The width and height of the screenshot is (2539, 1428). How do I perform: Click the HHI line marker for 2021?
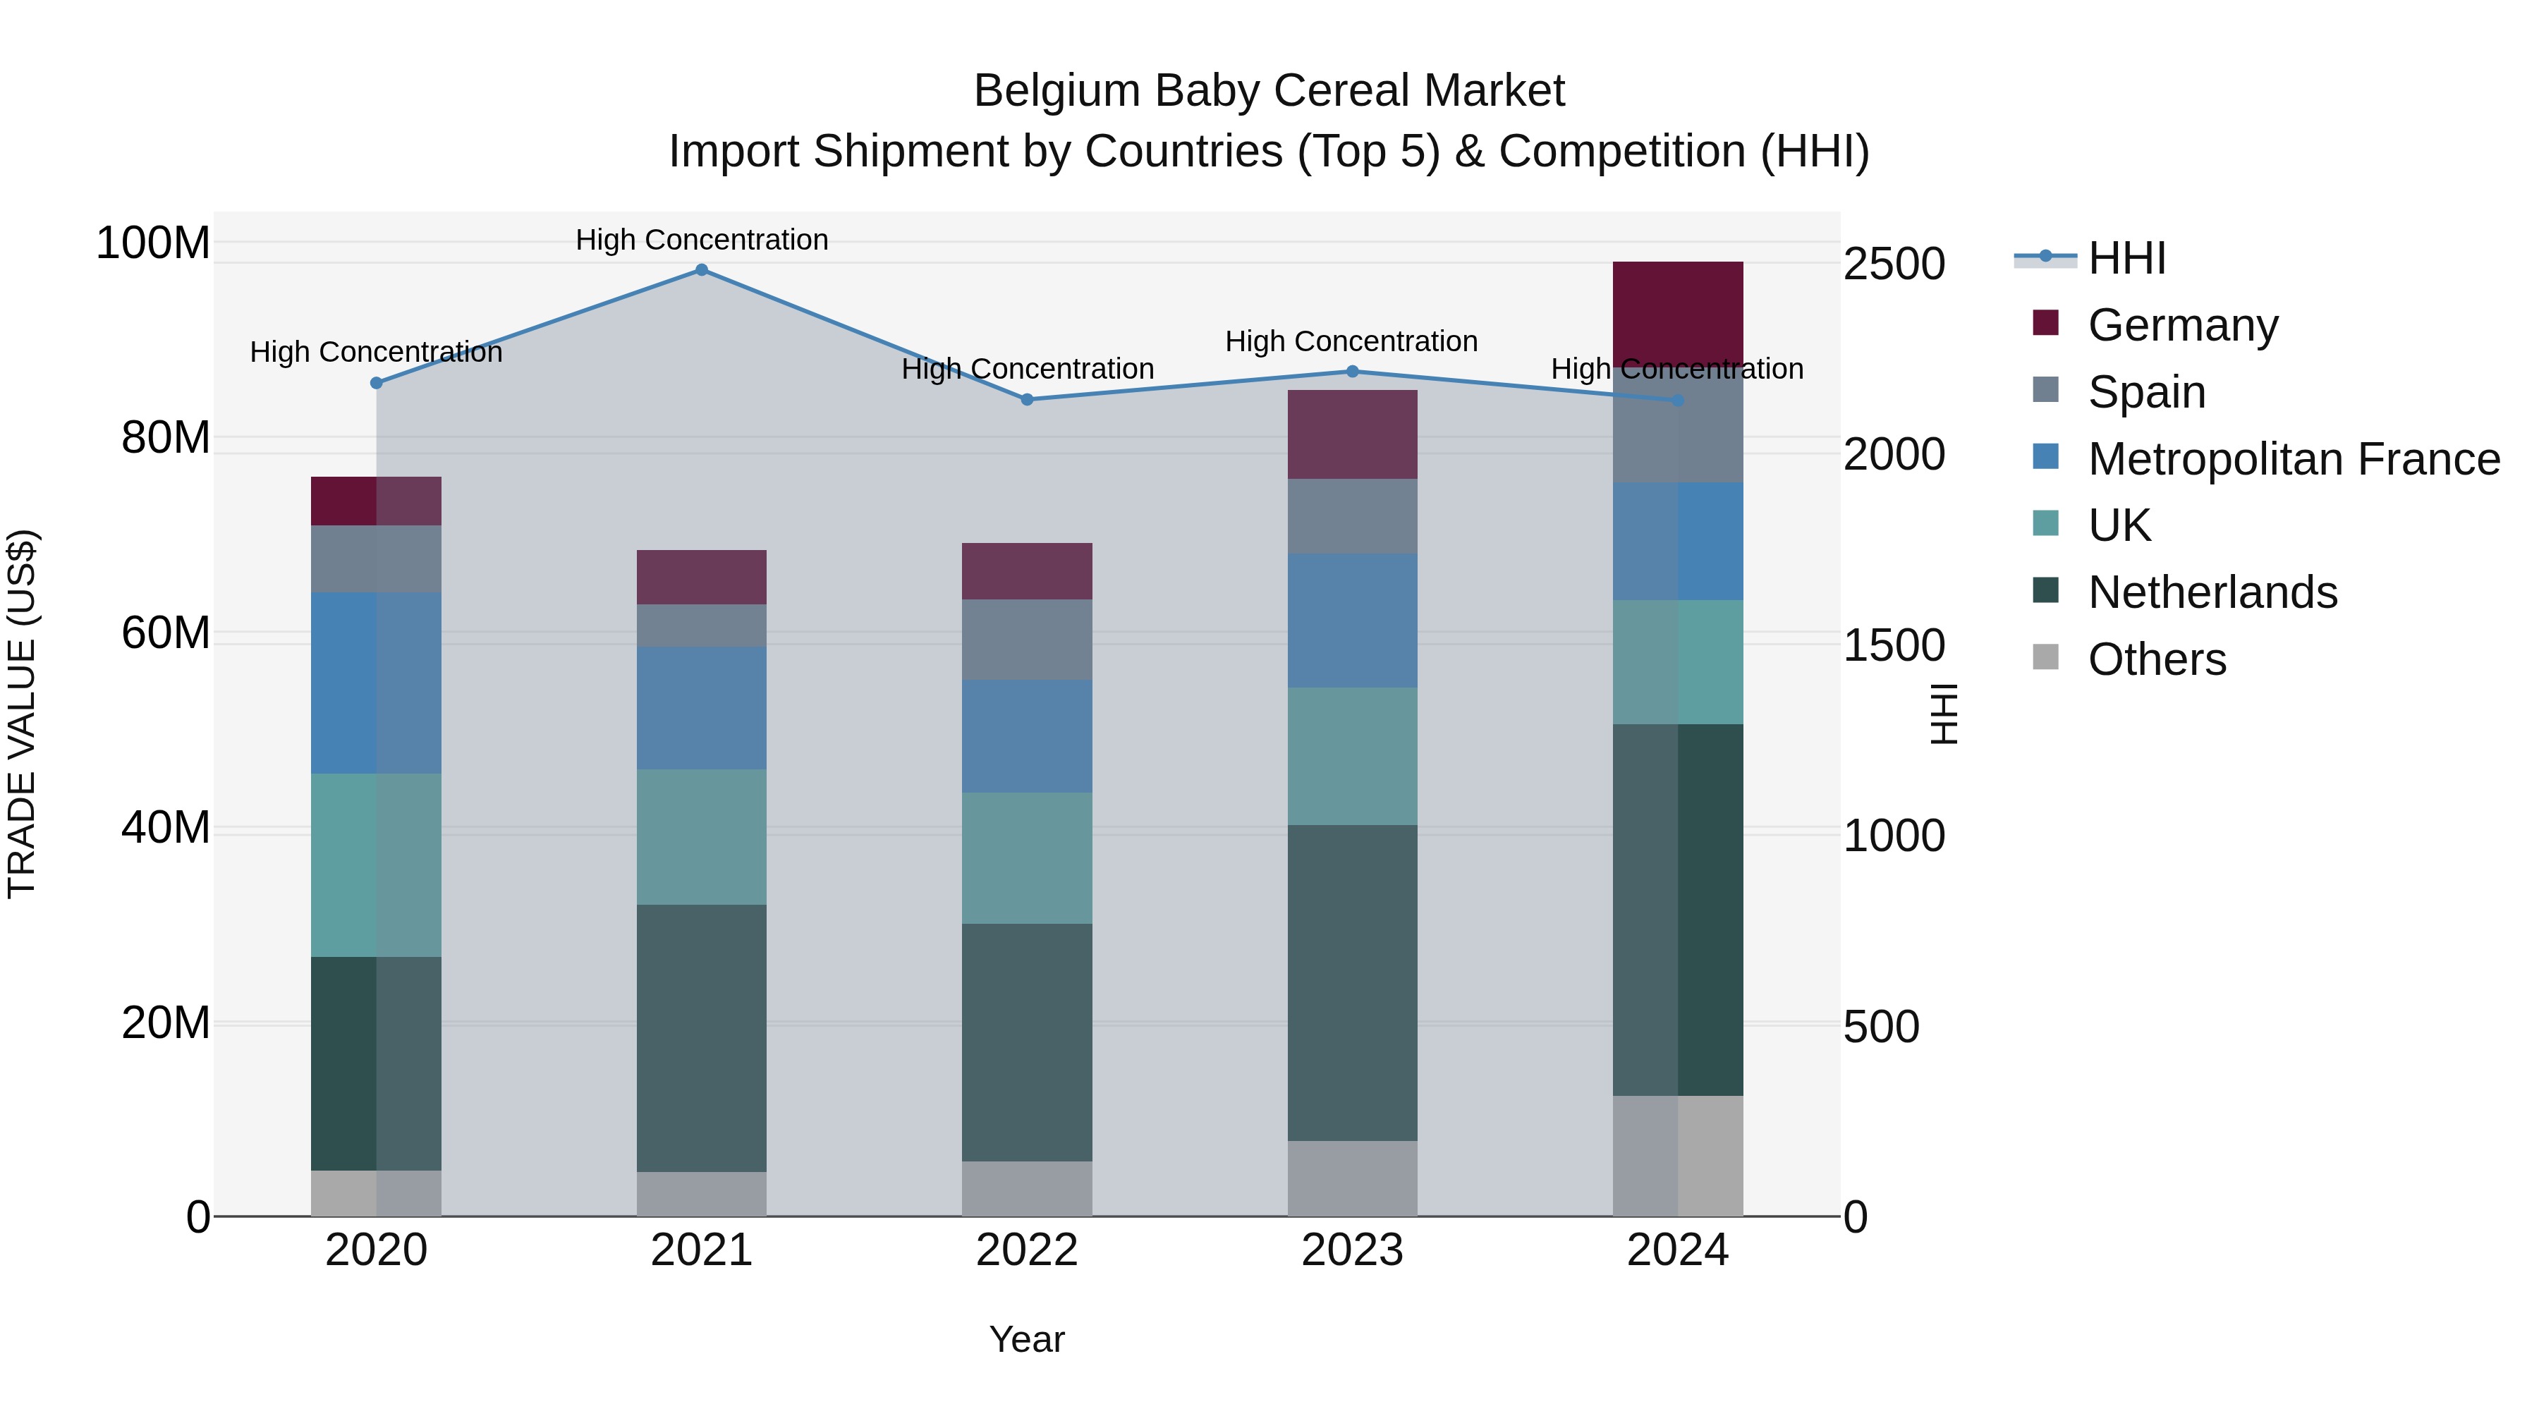pos(702,270)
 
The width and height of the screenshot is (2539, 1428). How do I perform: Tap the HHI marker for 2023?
pos(1352,372)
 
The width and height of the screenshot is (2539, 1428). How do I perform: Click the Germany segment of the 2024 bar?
pos(1678,313)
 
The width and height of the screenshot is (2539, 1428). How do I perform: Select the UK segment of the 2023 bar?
pos(1352,756)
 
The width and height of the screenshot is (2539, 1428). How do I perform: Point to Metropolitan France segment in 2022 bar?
pos(1027,736)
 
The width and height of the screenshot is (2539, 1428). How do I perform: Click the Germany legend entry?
pos(2182,325)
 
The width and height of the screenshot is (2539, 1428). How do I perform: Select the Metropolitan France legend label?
pos(2294,459)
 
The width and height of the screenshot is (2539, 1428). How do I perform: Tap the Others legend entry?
pos(2157,659)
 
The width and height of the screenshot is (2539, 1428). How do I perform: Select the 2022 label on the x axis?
pos(1027,1250)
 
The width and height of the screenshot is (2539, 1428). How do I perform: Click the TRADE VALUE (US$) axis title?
pos(22,714)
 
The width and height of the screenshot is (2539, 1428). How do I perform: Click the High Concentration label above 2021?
pos(702,240)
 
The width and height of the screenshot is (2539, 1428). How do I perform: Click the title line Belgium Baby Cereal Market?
pos(1269,91)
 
